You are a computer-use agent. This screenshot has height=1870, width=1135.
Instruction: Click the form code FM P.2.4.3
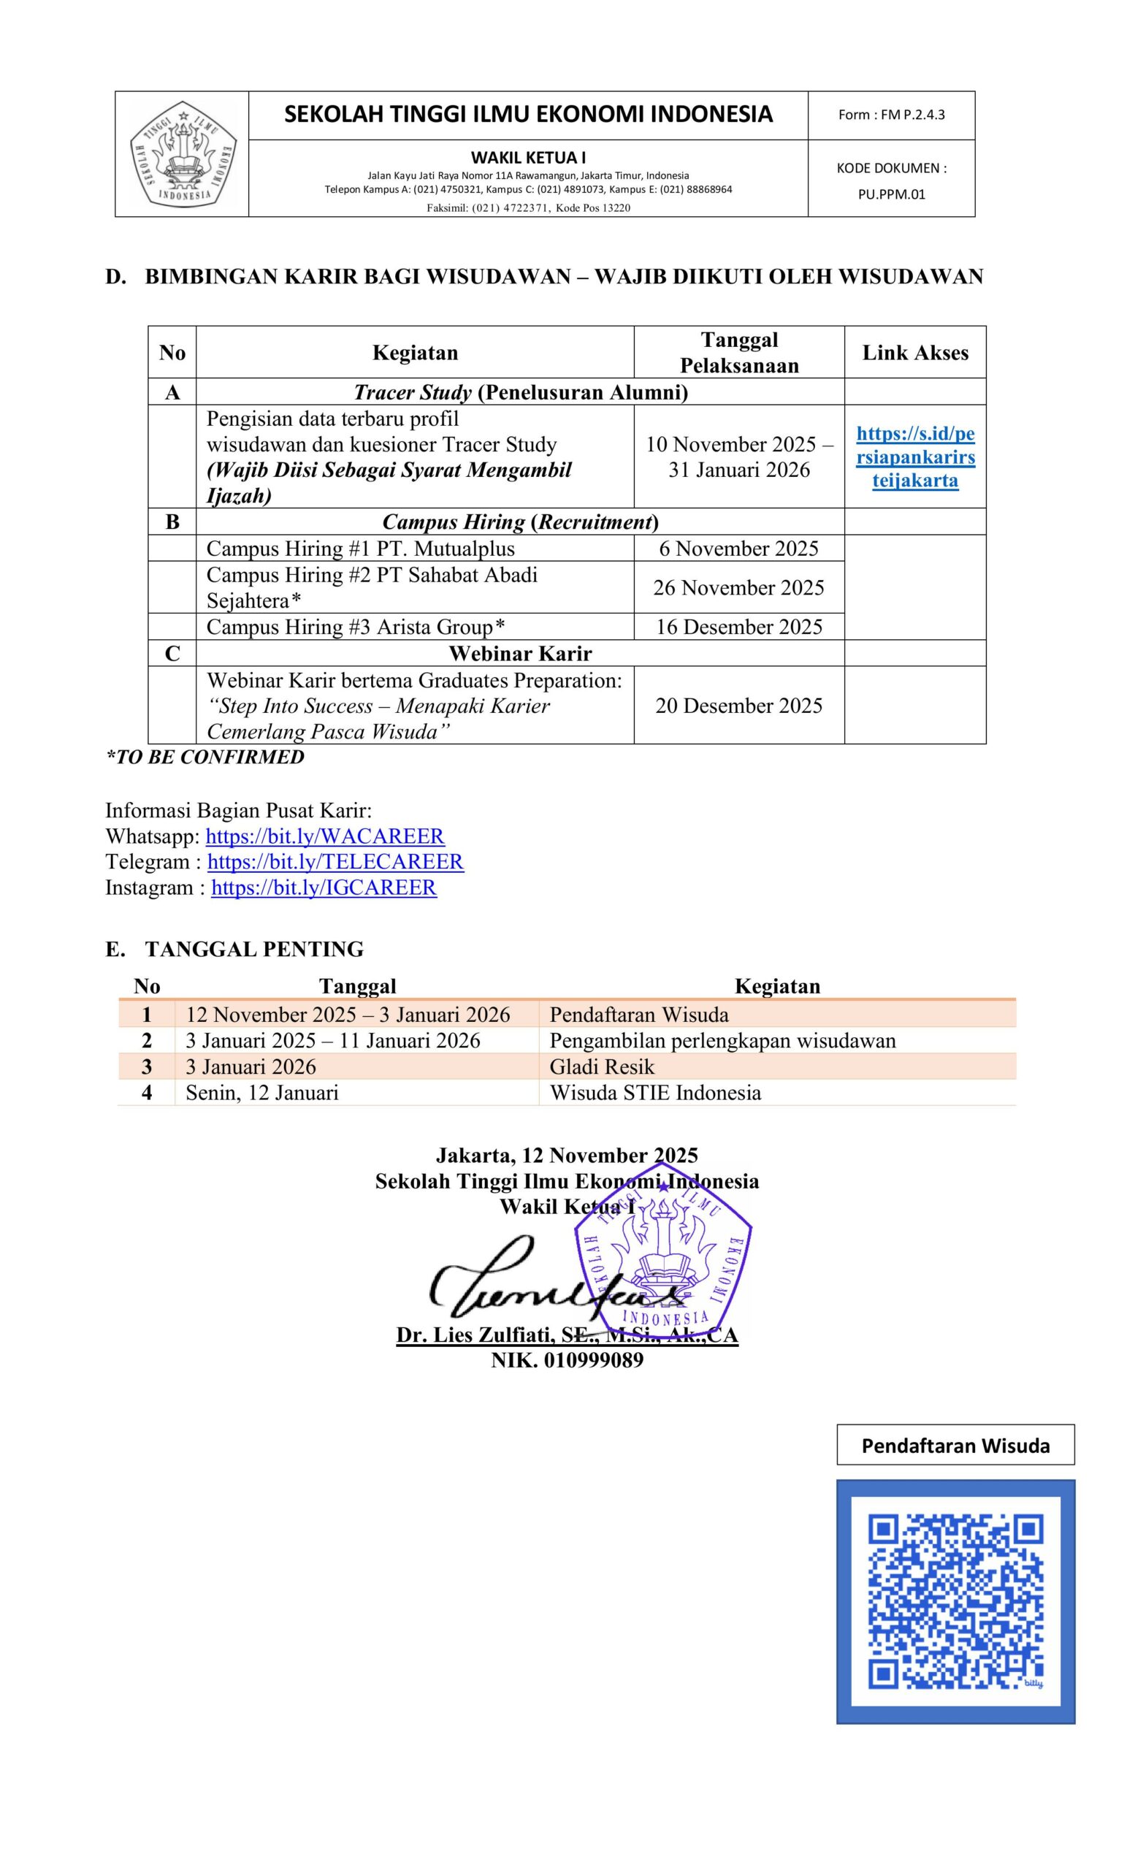click(891, 115)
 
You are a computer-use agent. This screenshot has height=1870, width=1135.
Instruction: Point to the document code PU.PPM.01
click(892, 194)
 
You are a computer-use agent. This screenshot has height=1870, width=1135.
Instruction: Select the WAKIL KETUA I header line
click(528, 157)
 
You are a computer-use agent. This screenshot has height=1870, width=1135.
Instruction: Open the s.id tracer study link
click(915, 457)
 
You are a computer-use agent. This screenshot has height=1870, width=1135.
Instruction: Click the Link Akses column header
click(915, 352)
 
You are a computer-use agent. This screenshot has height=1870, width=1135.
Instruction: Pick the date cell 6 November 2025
click(738, 548)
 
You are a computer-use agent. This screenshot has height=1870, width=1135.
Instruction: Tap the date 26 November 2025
click(738, 587)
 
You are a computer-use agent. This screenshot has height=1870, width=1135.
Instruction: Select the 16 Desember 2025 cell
click(738, 626)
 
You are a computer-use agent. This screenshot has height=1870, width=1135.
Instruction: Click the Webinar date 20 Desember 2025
click(738, 705)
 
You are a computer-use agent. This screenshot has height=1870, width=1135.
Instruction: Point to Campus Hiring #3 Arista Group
click(355, 627)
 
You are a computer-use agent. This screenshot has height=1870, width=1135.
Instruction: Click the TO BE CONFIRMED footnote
click(205, 757)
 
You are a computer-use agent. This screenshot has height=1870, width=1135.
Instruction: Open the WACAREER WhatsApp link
click(325, 836)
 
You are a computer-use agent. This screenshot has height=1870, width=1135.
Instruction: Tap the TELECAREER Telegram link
click(335, 862)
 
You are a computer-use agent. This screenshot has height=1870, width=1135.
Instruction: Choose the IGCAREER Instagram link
click(324, 888)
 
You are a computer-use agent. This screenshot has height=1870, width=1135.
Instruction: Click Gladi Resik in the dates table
click(602, 1067)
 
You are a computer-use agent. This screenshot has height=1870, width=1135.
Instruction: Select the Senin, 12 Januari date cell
click(261, 1093)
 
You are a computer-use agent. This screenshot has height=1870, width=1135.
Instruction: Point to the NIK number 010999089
click(567, 1360)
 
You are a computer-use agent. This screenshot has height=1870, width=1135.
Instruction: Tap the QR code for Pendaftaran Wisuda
click(955, 1602)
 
